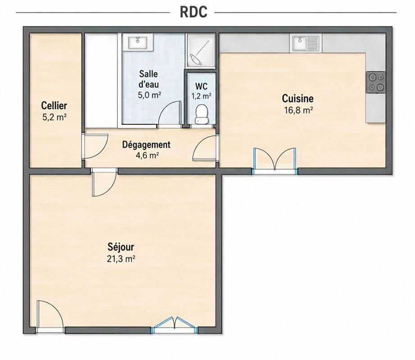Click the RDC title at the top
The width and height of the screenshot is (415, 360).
[194, 12]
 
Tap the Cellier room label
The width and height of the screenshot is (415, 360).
[54, 106]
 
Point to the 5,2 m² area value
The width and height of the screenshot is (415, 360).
[54, 117]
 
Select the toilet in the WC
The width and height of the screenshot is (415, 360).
[201, 114]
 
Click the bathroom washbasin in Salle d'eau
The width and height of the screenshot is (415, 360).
[138, 42]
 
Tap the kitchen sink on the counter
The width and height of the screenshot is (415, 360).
[306, 43]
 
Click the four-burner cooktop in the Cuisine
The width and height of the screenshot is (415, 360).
[376, 82]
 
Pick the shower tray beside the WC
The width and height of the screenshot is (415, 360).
[201, 51]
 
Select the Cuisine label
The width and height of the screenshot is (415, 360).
[298, 99]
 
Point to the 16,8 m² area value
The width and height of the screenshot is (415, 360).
[298, 110]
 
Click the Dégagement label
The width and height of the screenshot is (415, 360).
[146, 145]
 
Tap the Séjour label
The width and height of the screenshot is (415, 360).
[121, 247]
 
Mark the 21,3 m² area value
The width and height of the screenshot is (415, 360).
[121, 259]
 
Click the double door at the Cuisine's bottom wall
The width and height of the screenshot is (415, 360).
[275, 161]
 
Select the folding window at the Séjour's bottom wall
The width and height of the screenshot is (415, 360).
[175, 324]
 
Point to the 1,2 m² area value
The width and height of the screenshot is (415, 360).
[201, 96]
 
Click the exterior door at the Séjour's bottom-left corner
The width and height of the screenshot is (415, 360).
[50, 316]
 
